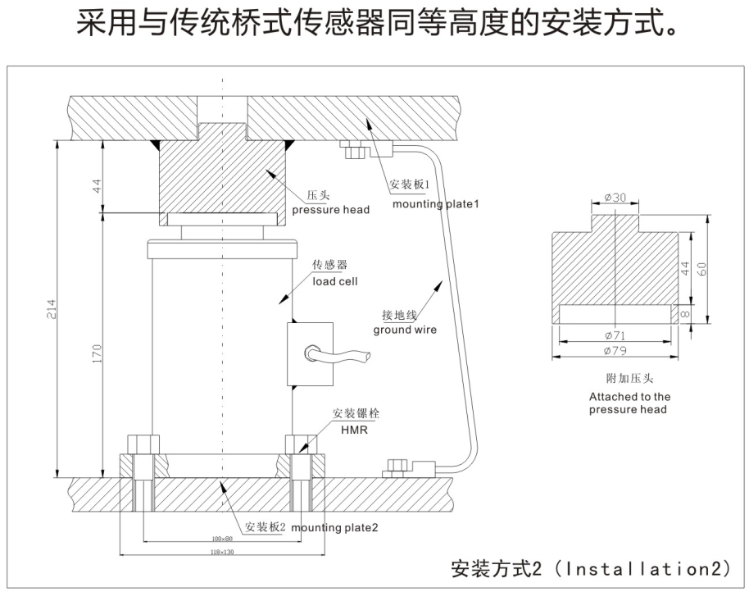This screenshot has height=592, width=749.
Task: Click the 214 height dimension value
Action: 52,309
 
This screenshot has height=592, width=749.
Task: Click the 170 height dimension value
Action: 98,353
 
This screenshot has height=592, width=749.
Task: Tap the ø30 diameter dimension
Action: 615,198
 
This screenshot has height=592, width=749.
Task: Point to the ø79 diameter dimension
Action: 615,350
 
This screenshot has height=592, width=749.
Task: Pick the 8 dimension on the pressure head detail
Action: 687,314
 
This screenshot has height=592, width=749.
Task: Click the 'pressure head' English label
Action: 331,210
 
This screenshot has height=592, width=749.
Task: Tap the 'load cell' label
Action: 335,281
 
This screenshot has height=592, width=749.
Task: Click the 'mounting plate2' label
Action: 334,527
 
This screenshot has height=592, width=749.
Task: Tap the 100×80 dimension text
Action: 221,539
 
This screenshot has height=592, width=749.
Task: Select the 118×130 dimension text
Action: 221,553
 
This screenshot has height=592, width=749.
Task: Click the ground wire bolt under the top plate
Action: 355,152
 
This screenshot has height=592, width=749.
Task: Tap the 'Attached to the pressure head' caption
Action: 629,403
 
